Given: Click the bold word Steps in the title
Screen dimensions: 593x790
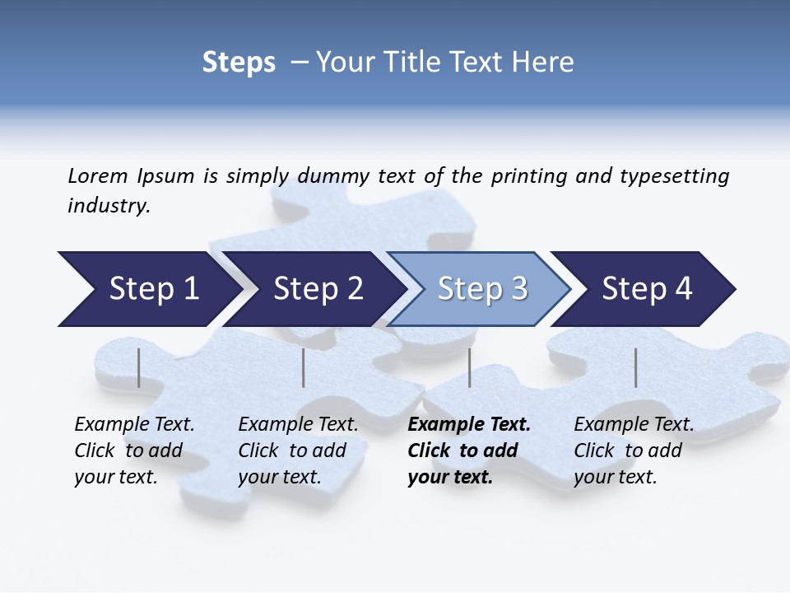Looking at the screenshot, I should [239, 63].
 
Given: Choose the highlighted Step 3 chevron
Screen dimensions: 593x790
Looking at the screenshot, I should [482, 289].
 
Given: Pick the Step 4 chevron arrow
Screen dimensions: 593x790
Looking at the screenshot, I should [647, 289].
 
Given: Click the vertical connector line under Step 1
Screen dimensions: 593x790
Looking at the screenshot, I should [138, 367].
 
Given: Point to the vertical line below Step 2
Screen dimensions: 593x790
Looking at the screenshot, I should [304, 367].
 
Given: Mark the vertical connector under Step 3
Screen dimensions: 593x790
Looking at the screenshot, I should [469, 367].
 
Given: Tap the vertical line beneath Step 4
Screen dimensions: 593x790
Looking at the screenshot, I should [635, 367].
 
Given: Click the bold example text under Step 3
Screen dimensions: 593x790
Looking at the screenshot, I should [469, 451].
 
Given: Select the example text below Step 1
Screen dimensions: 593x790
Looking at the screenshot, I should [134, 451].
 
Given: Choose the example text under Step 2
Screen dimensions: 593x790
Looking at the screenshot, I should [298, 451].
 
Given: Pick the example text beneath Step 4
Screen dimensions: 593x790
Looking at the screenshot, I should [634, 451].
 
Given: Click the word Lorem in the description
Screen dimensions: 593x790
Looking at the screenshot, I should [98, 175].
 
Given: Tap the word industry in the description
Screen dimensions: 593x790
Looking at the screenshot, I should [109, 206].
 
